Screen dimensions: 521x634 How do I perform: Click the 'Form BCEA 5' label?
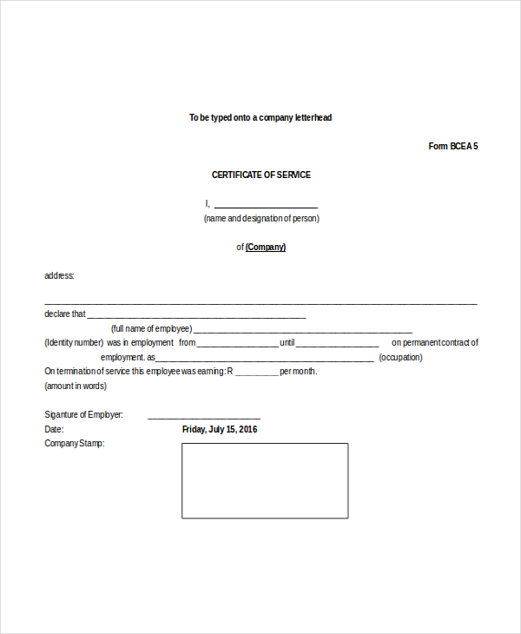[x=452, y=146]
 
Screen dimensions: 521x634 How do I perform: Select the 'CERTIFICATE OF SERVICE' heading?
[x=260, y=175]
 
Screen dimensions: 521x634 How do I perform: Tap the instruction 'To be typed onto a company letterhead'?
[x=260, y=117]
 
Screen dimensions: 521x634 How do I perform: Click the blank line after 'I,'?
[x=265, y=206]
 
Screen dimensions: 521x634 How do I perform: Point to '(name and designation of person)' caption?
[x=261, y=219]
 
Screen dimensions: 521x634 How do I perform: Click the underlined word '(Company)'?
[x=266, y=248]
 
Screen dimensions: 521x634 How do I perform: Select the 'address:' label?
[x=59, y=276]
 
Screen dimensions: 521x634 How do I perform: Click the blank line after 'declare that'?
[x=196, y=316]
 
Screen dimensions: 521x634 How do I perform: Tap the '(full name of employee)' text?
[x=151, y=329]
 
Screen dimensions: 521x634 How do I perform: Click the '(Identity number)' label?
[x=74, y=343]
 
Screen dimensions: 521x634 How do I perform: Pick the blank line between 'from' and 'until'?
[x=238, y=345]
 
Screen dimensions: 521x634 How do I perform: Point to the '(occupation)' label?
[x=401, y=357]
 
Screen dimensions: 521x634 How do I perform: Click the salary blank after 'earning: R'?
[x=256, y=373]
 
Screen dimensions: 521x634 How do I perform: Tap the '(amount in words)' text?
[x=76, y=386]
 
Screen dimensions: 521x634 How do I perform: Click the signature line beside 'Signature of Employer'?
[x=204, y=417]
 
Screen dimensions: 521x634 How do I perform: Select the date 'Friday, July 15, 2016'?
[x=220, y=429]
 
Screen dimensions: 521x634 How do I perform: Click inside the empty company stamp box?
[x=265, y=480]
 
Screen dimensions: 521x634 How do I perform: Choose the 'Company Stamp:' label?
[x=74, y=444]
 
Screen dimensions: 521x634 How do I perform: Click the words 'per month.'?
[x=299, y=372]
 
